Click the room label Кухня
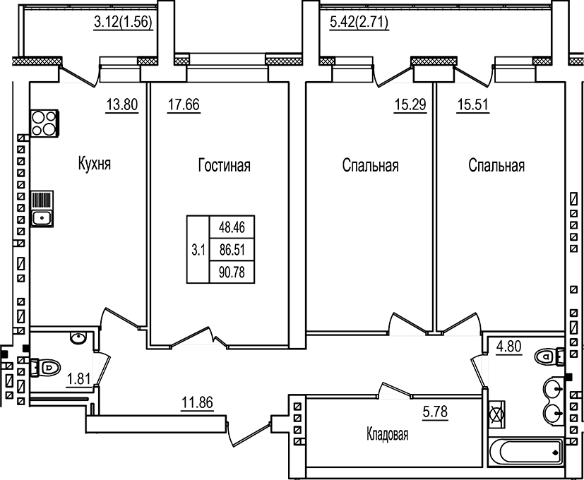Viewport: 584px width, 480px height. pos(95,165)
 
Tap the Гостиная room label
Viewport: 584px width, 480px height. pos(225,166)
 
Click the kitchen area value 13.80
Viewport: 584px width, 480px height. pos(121,106)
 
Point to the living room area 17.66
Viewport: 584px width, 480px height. pos(184,106)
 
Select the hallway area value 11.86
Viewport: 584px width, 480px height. pos(197,403)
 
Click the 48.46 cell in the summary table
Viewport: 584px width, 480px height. pos(232,228)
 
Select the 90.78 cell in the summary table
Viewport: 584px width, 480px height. pos(232,272)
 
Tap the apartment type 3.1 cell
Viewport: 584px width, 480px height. pos(198,249)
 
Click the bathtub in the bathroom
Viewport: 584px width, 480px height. pos(525,450)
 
